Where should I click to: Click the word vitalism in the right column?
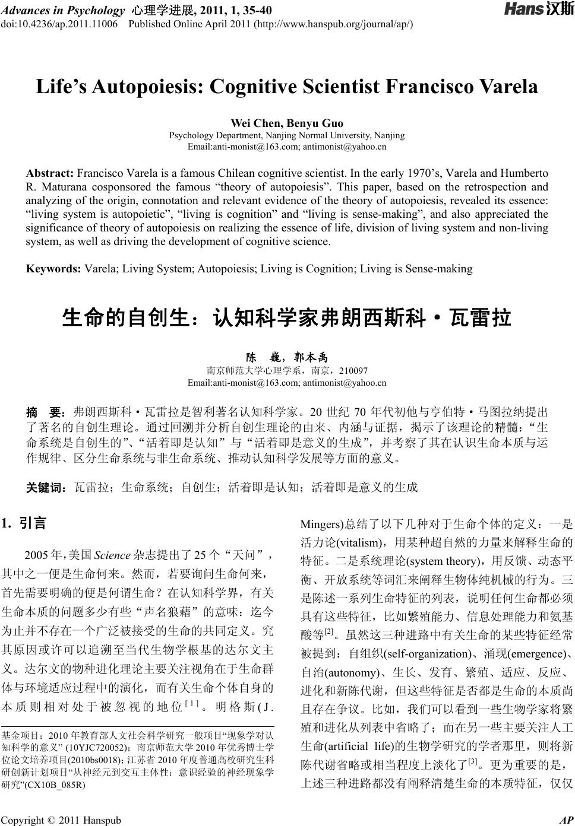tap(359, 542)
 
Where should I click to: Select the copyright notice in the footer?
tap(62, 820)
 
